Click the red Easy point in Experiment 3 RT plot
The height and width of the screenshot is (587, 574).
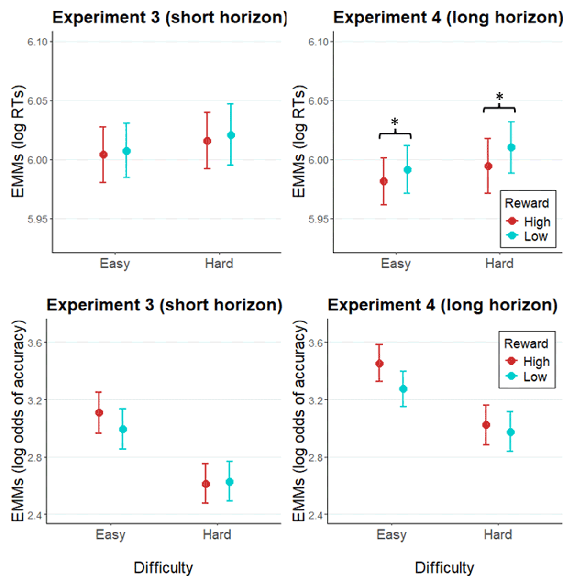click(103, 155)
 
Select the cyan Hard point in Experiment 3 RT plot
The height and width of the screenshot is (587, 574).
click(231, 135)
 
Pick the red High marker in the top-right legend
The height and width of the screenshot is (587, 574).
click(512, 221)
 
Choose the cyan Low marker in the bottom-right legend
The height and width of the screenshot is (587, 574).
click(511, 376)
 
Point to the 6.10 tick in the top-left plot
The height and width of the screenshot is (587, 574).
click(37, 42)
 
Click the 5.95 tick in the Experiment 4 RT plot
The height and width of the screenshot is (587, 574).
click(319, 219)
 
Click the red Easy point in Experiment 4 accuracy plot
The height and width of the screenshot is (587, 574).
click(379, 364)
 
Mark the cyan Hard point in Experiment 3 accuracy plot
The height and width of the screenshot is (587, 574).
click(230, 482)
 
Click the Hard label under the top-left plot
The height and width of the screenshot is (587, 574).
click(219, 264)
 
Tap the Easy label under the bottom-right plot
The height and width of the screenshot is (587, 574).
click(391, 534)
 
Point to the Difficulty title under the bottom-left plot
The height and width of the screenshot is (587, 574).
click(163, 568)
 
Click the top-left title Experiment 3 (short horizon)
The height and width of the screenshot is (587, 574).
click(169, 18)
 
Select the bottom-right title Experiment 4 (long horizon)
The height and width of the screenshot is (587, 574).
click(442, 305)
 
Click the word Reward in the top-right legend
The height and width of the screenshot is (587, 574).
click(527, 203)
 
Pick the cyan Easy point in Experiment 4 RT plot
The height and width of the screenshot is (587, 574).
click(407, 170)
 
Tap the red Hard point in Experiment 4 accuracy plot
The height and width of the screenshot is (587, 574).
click(486, 425)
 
